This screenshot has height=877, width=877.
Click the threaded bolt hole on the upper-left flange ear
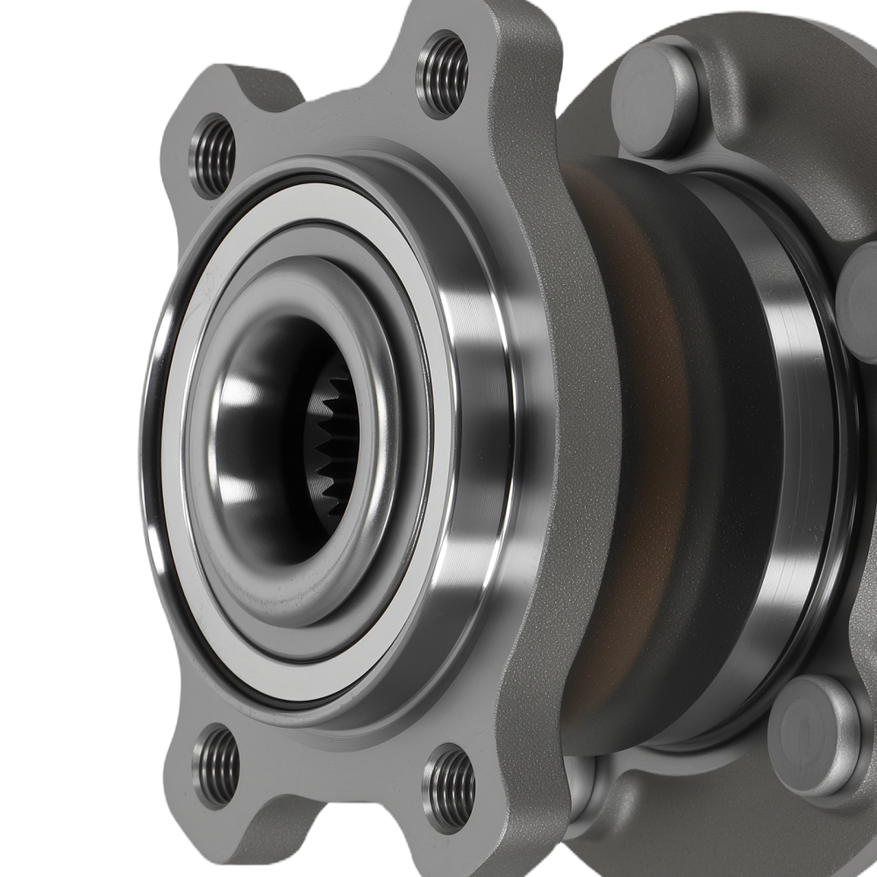pyautogui.click(x=214, y=155)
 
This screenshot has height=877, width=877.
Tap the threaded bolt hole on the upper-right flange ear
pyautogui.click(x=443, y=74)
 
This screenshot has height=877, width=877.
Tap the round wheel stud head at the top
pyautogui.click(x=654, y=99)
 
